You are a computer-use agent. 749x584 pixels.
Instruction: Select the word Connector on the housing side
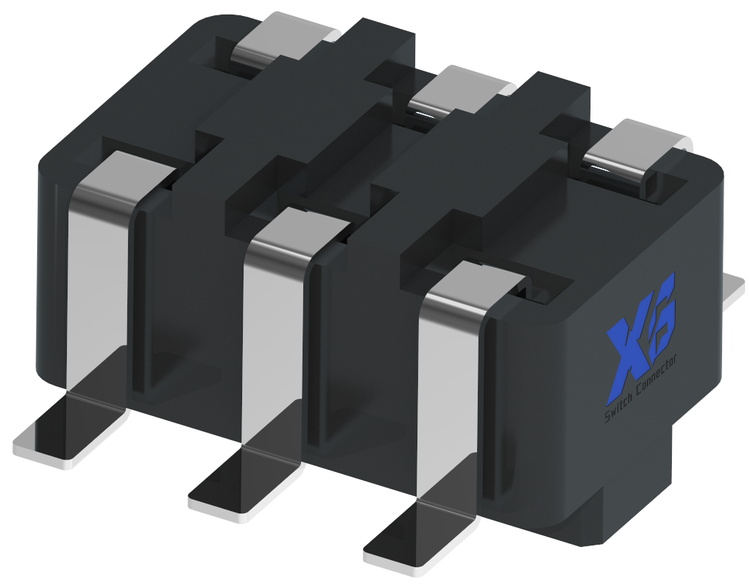coord(657,378)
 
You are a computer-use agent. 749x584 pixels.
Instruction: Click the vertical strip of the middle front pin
coord(272,342)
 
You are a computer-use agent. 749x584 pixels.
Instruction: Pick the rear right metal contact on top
coord(636,153)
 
